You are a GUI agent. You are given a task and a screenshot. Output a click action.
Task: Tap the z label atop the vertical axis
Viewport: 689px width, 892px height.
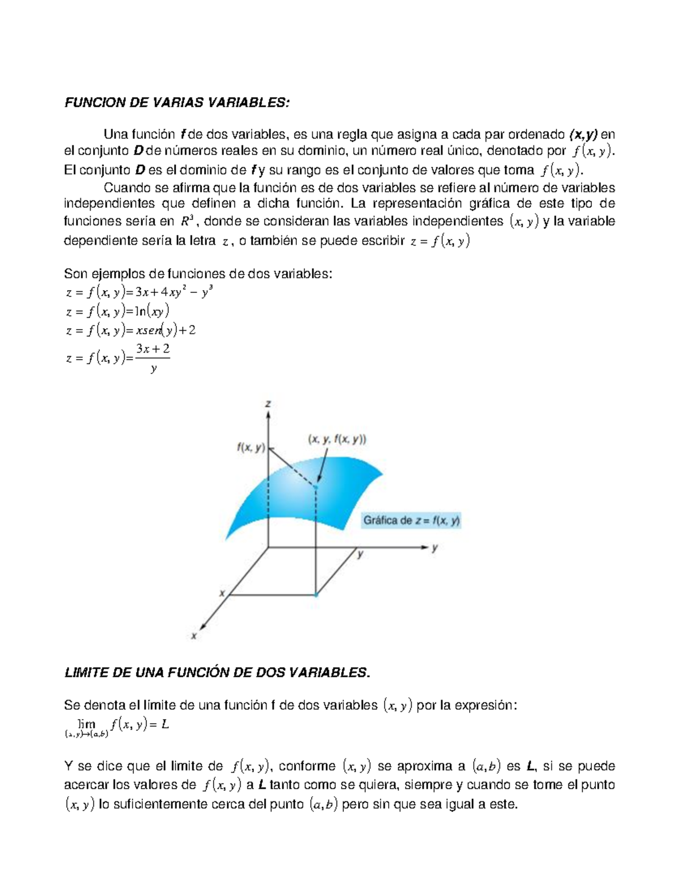click(x=268, y=404)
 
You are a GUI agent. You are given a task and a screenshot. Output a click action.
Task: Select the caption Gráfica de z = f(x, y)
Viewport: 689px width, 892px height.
click(x=412, y=521)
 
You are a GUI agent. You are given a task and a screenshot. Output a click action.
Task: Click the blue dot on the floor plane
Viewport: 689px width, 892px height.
click(x=316, y=595)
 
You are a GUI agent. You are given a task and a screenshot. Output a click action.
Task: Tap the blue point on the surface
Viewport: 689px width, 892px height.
click(x=316, y=487)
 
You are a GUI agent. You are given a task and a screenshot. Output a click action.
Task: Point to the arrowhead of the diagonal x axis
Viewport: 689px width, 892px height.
click(x=204, y=627)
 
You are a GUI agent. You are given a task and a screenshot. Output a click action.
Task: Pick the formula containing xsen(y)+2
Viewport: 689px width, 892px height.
click(x=131, y=331)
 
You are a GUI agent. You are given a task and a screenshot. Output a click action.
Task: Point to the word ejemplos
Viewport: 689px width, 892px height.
click(x=118, y=273)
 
